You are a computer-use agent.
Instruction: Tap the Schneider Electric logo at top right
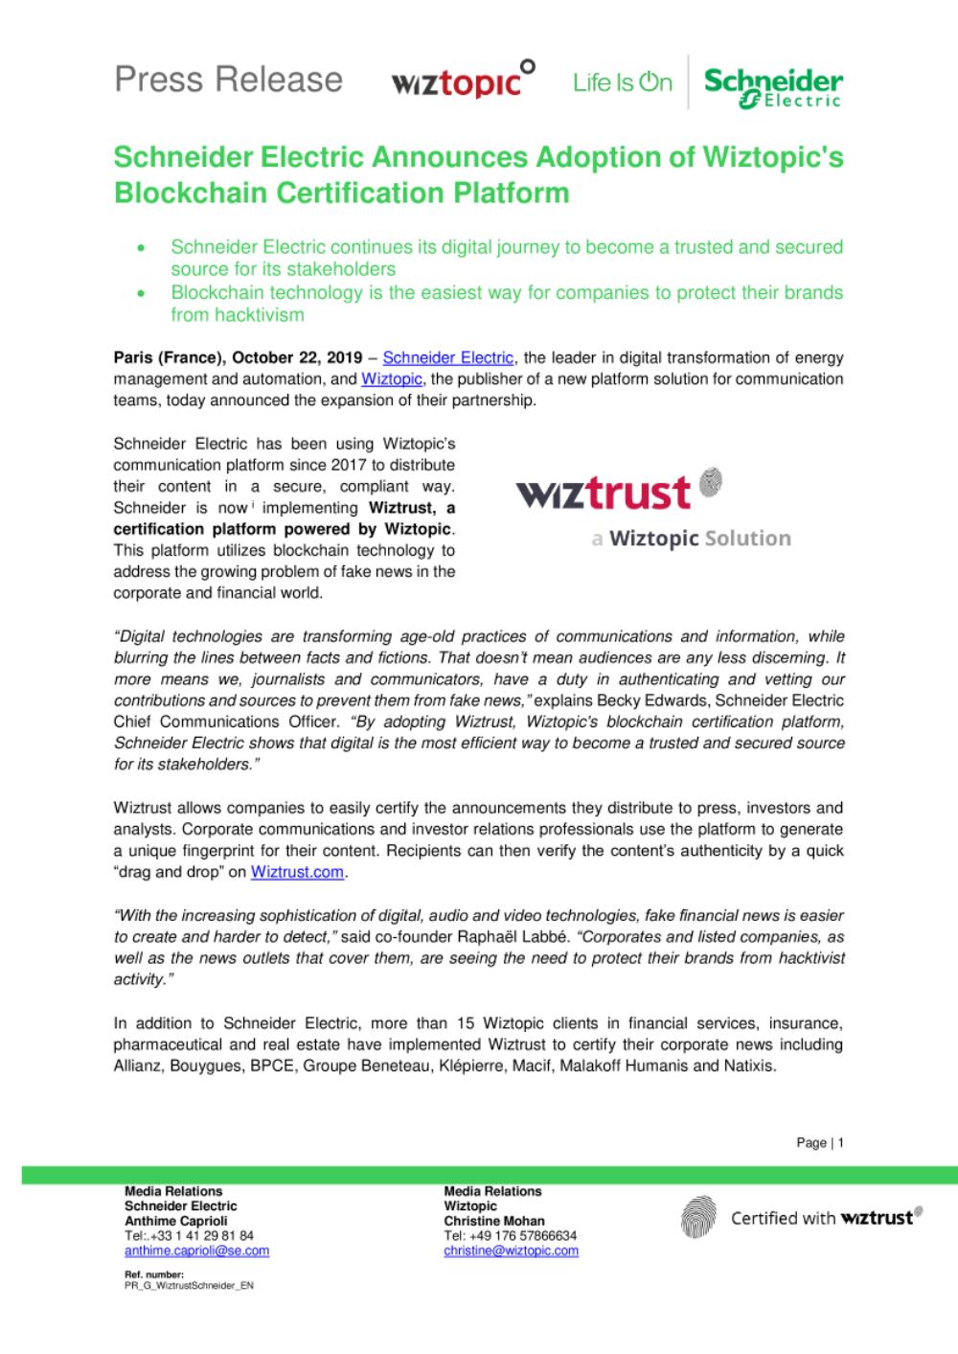[x=773, y=86]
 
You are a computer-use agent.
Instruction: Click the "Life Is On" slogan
[x=623, y=83]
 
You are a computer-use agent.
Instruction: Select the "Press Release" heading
[x=228, y=79]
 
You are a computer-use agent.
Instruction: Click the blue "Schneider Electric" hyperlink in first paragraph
[x=448, y=357]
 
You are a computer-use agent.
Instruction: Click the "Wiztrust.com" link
[x=297, y=872]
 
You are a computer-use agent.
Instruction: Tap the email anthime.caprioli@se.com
[x=196, y=1251]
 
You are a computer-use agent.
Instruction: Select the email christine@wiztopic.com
[x=511, y=1251]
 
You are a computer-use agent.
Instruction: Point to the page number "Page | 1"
[x=820, y=1142]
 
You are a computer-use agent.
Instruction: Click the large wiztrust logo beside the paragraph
[x=618, y=491]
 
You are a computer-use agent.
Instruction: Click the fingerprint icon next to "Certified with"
[x=698, y=1218]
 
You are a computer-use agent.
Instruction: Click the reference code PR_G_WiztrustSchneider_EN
[x=189, y=1286]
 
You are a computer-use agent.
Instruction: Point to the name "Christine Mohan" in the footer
[x=494, y=1221]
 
